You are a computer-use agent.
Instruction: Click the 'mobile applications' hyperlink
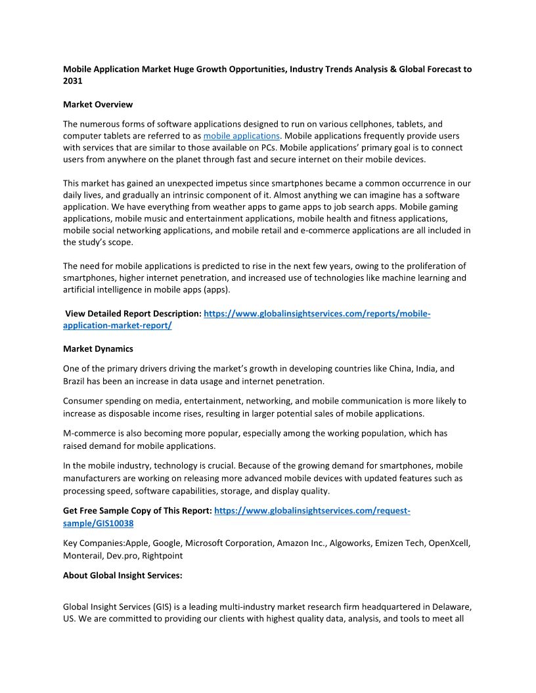(x=242, y=136)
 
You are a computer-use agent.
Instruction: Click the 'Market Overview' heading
(x=98, y=104)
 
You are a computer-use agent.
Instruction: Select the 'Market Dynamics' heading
(x=98, y=349)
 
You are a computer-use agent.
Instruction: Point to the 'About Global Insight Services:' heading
(x=123, y=575)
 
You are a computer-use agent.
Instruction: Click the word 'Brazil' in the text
(x=76, y=381)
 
